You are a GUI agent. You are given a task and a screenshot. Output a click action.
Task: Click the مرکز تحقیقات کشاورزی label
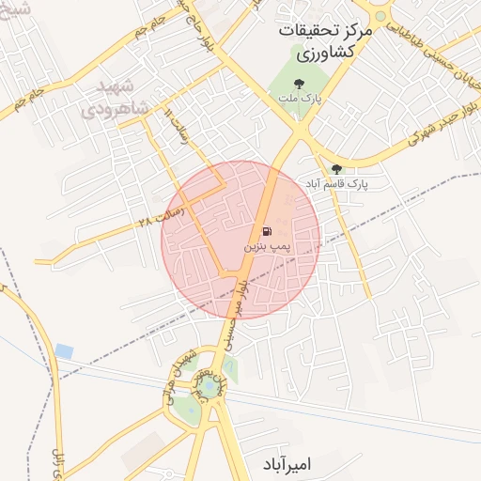[325, 42]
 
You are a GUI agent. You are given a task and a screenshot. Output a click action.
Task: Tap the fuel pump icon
[267, 231]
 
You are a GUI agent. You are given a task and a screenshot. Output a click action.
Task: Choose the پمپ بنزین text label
[265, 246]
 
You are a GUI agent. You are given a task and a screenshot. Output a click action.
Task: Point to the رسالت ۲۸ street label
[158, 223]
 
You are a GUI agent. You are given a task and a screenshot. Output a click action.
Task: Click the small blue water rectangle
[64, 350]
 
